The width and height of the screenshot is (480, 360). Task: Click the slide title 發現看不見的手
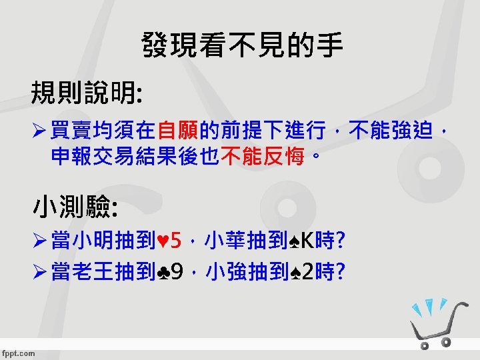243,46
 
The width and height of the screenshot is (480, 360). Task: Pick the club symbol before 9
162,271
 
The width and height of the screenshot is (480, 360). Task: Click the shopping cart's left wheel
423,345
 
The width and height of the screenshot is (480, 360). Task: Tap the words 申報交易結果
101,157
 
